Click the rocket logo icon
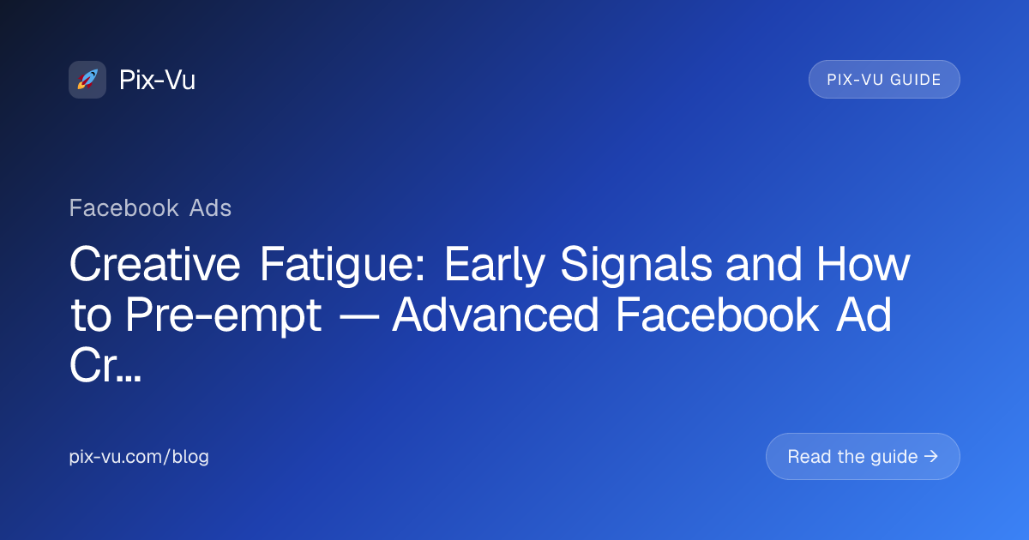pos(87,80)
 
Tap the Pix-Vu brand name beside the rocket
pos(157,80)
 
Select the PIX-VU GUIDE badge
pos(884,80)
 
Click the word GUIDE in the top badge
pos(916,80)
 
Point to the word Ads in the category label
pos(210,208)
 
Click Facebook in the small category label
pos(124,208)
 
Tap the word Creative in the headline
pos(155,264)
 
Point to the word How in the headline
pos(863,264)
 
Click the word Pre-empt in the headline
pos(224,316)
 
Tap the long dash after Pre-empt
pos(357,317)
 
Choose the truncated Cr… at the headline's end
pos(105,365)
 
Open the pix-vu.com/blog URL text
pos(139,456)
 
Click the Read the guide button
pos(863,456)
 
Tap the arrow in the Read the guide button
pos(931,456)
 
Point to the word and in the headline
pos(763,264)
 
